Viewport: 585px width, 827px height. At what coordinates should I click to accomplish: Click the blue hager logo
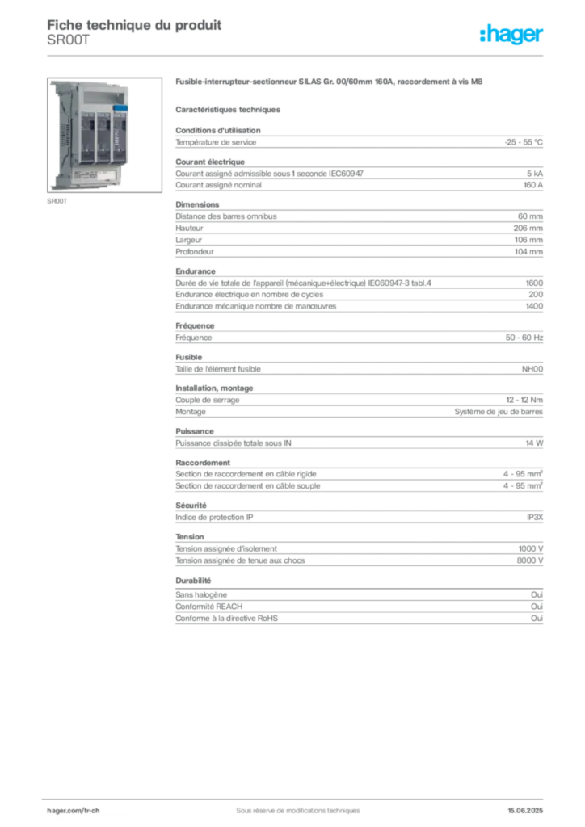point(513,36)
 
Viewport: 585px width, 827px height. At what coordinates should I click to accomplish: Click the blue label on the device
point(120,107)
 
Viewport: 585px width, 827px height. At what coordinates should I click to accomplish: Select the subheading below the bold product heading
point(229,109)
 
